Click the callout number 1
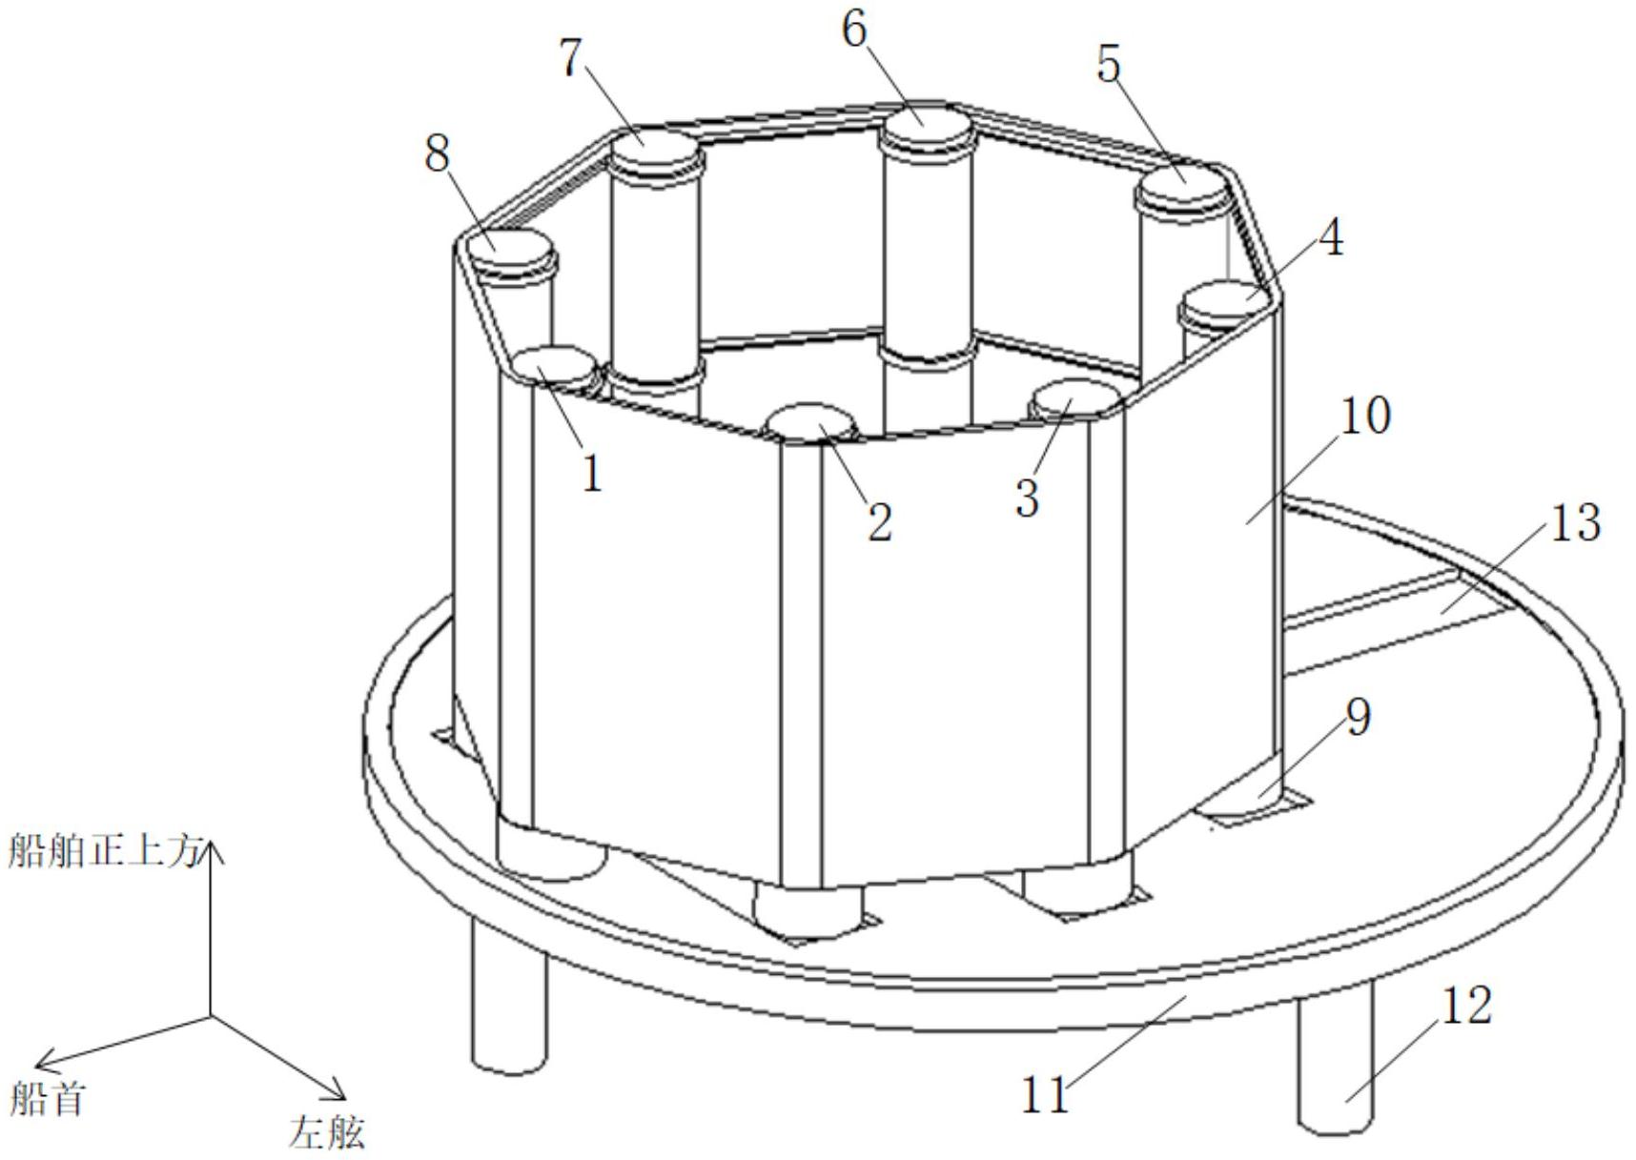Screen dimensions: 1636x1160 [592, 473]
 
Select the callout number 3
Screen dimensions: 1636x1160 [1026, 497]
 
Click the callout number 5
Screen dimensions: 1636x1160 [1109, 64]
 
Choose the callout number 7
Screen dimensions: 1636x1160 [569, 59]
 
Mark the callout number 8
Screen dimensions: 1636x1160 [438, 153]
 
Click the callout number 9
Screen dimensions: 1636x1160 [1358, 716]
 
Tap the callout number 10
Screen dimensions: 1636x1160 [1365, 416]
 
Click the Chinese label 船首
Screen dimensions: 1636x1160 [48, 1099]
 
